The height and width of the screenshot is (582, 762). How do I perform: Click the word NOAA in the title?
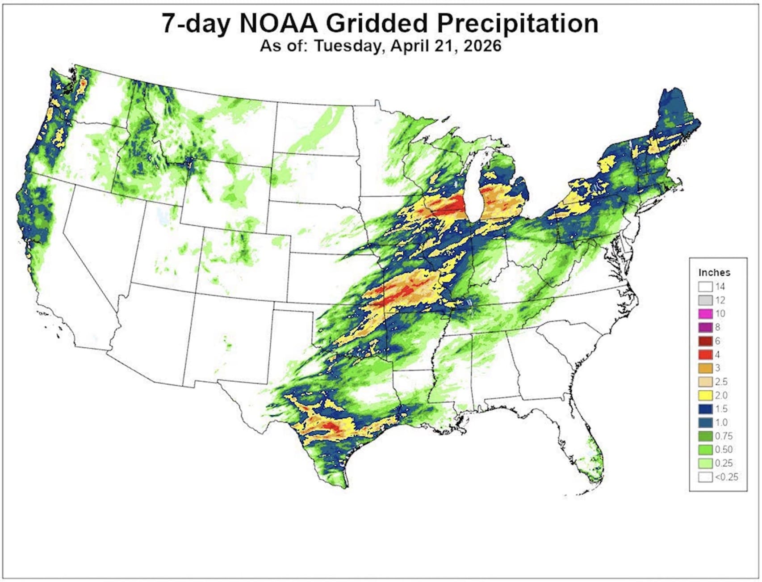[x=279, y=23]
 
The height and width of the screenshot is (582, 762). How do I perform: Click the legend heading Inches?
[x=714, y=272]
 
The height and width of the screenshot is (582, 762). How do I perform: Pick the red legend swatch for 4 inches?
[x=705, y=355]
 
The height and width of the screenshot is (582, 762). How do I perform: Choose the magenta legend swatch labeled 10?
[x=705, y=314]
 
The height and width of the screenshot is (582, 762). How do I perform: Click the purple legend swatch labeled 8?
[x=705, y=327]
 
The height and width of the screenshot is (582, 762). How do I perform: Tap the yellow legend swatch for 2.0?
[x=705, y=396]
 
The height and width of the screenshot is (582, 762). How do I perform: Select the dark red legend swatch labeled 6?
[x=705, y=341]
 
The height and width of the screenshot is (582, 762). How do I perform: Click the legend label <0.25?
[x=726, y=477]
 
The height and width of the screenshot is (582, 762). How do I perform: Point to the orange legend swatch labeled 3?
[x=705, y=368]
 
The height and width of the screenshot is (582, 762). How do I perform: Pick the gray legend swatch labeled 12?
[x=705, y=300]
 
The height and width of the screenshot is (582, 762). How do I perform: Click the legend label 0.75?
[x=724, y=436]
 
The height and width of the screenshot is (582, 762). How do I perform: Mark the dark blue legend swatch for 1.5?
[x=705, y=409]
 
